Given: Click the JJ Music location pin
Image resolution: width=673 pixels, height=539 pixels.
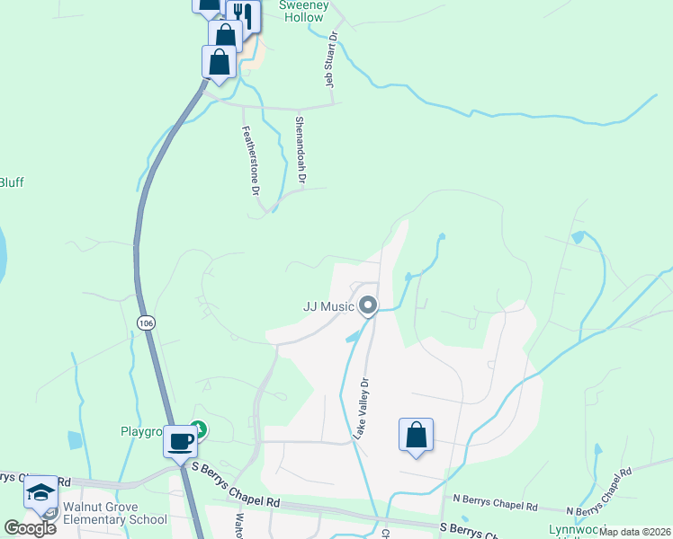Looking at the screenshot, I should tap(367, 306).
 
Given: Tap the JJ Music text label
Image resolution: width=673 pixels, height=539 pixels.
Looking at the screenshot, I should tap(328, 306).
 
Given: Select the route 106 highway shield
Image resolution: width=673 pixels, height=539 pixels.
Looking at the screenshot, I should tap(144, 322).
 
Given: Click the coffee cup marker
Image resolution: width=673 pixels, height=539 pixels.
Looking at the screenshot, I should tap(182, 441).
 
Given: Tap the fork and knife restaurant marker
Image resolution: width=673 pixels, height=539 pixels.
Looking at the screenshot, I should tap(243, 14).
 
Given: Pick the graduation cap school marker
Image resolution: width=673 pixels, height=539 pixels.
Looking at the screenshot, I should tap(40, 491).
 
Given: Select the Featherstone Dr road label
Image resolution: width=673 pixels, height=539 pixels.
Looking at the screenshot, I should tap(250, 160).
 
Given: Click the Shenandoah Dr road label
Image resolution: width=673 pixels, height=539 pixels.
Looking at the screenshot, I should tap(301, 148).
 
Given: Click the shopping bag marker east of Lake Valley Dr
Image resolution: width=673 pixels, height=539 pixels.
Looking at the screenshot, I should tap(416, 435).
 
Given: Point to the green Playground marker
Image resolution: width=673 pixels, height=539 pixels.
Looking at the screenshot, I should tap(199, 431).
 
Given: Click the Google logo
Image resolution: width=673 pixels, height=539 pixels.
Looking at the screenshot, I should tap(31, 527).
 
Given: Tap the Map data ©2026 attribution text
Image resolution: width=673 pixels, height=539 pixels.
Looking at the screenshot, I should tap(634, 532).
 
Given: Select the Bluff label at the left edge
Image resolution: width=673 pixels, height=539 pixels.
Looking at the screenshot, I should tap(11, 182).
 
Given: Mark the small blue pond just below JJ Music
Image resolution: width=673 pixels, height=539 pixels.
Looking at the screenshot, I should tap(352, 337).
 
